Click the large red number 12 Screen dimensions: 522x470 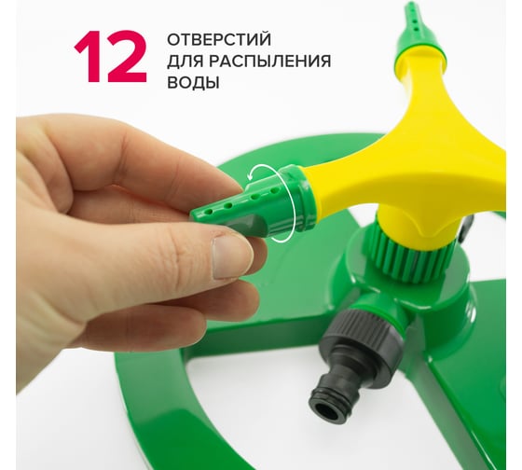(111, 57)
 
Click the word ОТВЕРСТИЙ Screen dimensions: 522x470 (219, 40)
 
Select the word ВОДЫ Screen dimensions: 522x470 (193, 83)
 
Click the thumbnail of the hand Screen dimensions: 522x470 (229, 256)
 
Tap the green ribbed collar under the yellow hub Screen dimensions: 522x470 (409, 256)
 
